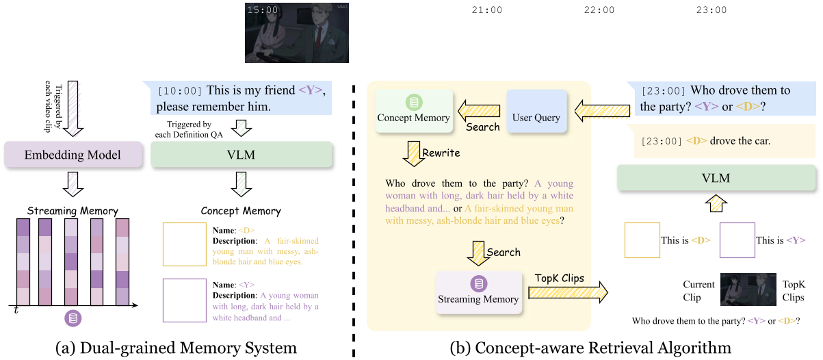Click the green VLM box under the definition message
tap(241, 155)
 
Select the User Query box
tap(536, 118)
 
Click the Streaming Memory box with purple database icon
tap(478, 292)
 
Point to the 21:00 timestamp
tap(487, 10)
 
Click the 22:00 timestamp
tap(599, 10)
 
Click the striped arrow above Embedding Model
tap(73, 110)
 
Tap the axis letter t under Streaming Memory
tap(16, 311)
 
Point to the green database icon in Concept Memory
tap(413, 103)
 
